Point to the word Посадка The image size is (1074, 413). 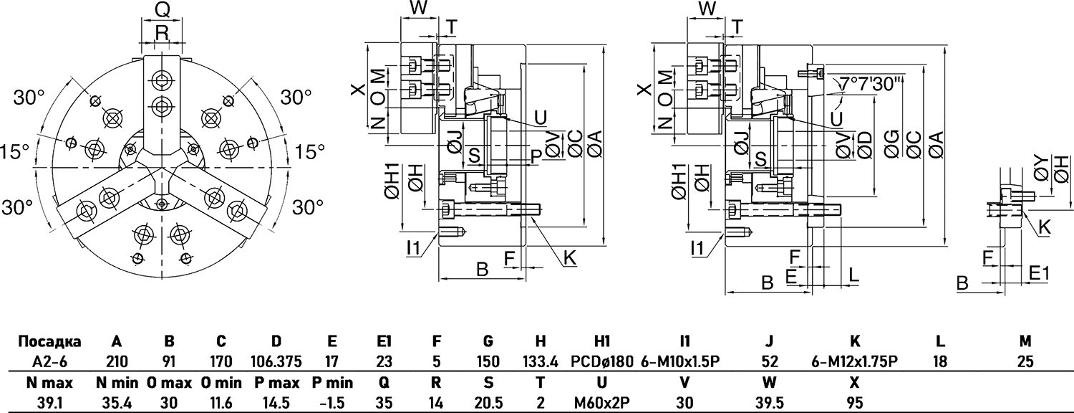click(x=49, y=342)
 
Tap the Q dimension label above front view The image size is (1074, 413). click(x=163, y=9)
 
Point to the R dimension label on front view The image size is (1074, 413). click(x=162, y=32)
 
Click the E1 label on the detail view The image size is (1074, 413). click(x=1039, y=273)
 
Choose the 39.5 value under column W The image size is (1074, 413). click(x=771, y=402)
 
